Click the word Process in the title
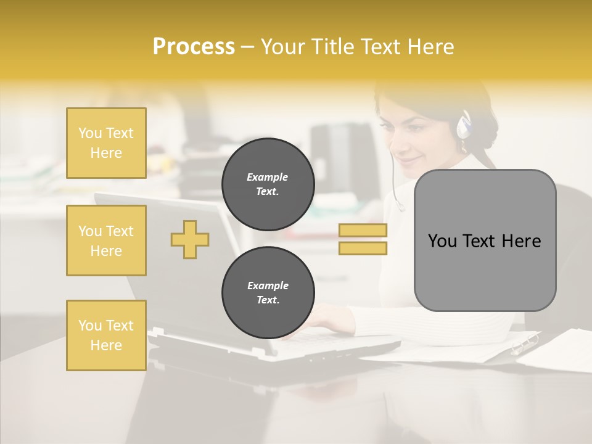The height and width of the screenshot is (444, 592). [x=194, y=47]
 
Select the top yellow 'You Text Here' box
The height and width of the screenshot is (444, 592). [x=106, y=143]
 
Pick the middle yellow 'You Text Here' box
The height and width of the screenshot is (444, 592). [x=106, y=240]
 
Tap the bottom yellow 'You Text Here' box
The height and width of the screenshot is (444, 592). [x=106, y=335]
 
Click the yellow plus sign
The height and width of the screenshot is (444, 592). [x=190, y=239]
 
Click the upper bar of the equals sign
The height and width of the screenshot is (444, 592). [x=363, y=230]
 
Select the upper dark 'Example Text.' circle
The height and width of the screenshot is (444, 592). [x=268, y=184]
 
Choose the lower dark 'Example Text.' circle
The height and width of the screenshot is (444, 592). [x=268, y=293]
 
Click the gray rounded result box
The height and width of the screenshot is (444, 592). [x=485, y=240]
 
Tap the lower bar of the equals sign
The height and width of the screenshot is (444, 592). [x=363, y=248]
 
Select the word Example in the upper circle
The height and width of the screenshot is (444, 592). [x=268, y=177]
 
